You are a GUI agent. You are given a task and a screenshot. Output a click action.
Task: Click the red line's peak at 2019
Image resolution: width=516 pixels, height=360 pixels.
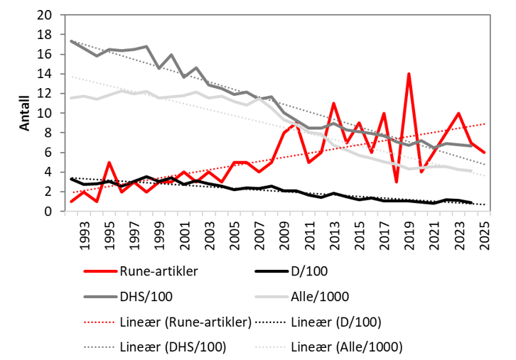coord(409,74)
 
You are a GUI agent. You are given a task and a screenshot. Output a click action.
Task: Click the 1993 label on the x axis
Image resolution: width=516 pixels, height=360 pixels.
coord(85,233)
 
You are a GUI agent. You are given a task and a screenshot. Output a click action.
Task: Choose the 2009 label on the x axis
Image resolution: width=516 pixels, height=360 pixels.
coord(285,233)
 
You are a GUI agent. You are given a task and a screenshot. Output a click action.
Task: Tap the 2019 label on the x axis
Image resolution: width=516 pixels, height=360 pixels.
coord(409,233)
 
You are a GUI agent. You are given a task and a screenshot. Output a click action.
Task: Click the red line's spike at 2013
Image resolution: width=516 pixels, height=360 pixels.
coord(334,104)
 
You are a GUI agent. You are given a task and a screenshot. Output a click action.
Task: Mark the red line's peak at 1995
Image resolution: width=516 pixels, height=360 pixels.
coord(109,163)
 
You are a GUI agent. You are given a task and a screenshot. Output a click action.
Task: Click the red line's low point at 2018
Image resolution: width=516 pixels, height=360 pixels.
coord(397,182)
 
